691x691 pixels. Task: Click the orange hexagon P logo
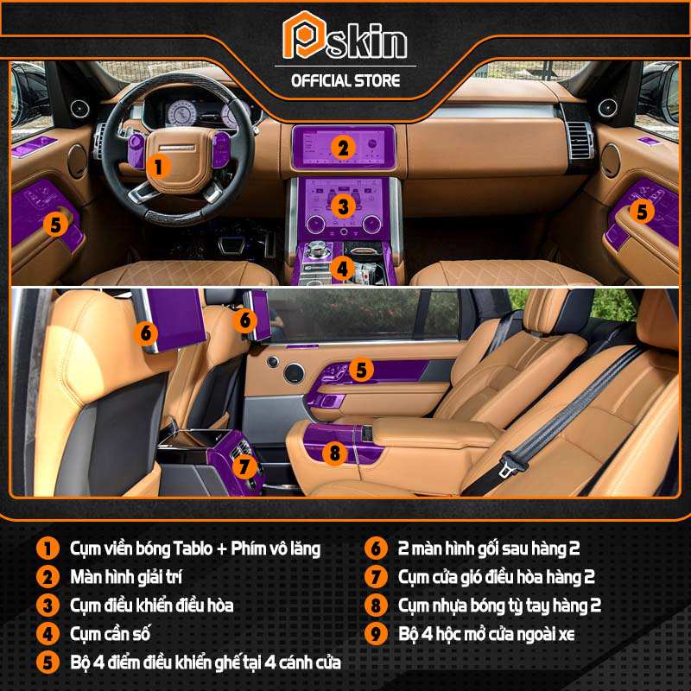coord(304,35)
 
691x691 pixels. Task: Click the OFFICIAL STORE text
coord(345,81)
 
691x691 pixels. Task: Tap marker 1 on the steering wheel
coord(158,167)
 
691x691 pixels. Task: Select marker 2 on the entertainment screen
coord(343,148)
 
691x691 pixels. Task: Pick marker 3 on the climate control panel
coord(343,206)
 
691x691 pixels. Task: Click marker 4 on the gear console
coord(342,269)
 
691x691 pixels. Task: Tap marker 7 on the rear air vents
coord(244,466)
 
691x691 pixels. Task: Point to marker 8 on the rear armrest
coord(335,453)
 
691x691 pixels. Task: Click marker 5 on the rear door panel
coord(361,370)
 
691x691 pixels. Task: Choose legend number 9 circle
coord(376,634)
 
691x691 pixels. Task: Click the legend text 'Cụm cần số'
coord(111,634)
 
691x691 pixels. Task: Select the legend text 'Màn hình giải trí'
coord(126,577)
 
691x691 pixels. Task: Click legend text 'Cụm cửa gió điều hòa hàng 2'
coord(497,577)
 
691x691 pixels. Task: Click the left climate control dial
coord(316,225)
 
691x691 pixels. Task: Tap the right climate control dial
coord(371,225)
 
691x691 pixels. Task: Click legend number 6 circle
coord(376,548)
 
